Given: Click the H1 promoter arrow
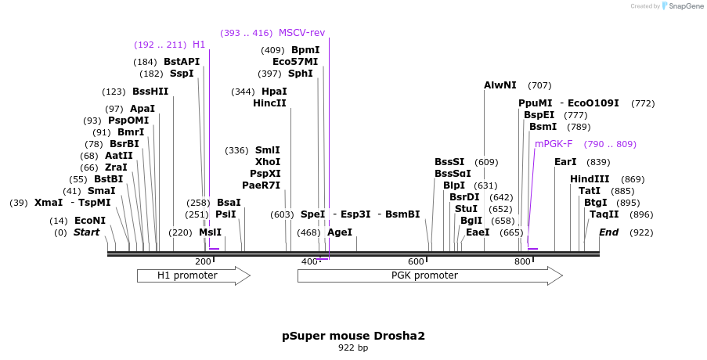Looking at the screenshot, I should click(193, 275).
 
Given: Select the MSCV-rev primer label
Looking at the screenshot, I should click(301, 33).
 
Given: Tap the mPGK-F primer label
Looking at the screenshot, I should click(554, 144).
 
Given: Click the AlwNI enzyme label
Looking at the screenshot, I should click(500, 85).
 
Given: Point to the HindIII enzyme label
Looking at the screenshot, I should click(590, 179).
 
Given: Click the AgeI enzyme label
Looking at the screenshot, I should click(340, 232).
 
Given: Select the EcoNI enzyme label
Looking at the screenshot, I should click(90, 221).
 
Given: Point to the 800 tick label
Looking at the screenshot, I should click(521, 261).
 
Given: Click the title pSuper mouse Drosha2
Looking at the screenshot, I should click(353, 336).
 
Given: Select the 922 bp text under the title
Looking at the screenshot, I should click(353, 347).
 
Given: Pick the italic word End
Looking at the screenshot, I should click(608, 232).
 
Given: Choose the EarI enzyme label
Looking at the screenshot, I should click(565, 162).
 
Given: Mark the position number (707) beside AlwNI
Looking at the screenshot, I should click(539, 85).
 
